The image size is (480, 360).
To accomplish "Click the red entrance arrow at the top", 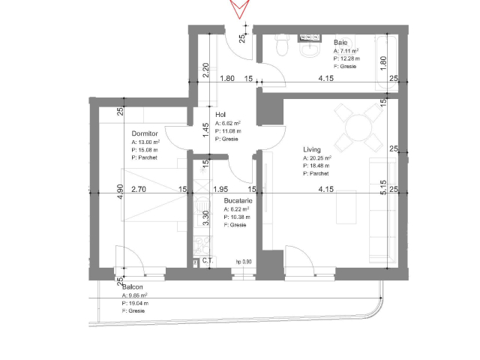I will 240,9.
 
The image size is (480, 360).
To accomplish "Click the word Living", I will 313,149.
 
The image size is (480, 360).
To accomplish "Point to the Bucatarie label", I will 238,202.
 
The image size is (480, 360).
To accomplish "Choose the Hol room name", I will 220,115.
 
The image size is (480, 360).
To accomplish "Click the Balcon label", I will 133,287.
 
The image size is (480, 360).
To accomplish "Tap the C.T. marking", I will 207,262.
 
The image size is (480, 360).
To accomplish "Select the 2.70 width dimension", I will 139,190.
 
